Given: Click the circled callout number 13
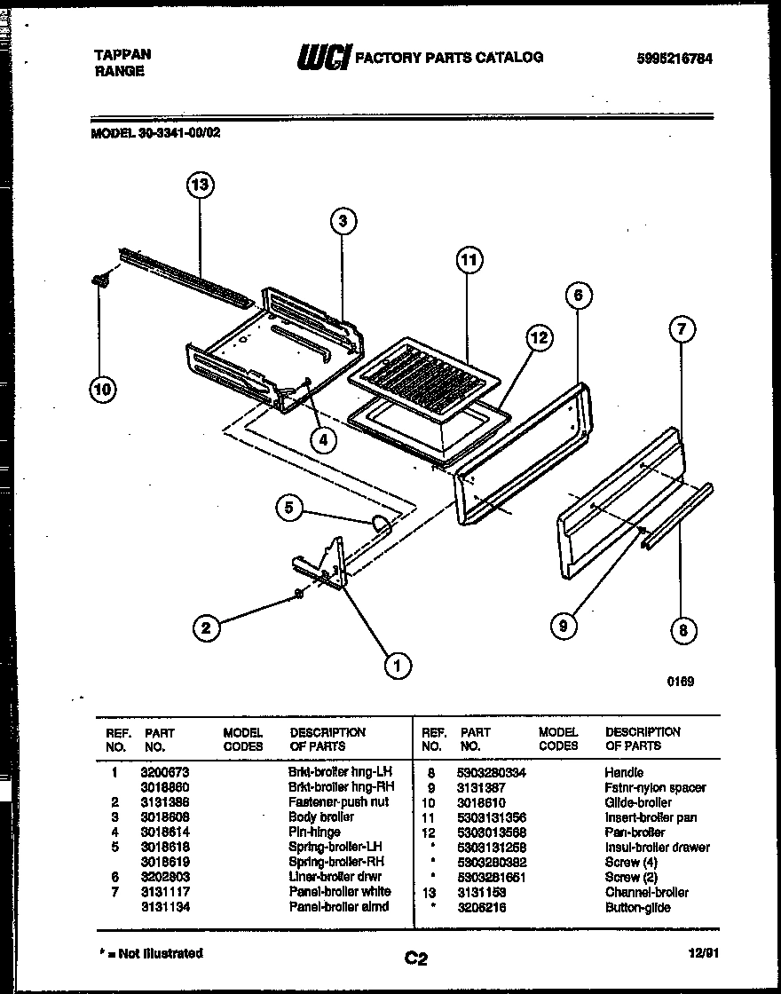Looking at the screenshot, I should tap(201, 185).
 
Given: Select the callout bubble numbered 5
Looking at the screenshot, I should tap(288, 508).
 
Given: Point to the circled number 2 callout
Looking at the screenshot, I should tap(206, 628).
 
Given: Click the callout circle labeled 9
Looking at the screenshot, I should tap(562, 626).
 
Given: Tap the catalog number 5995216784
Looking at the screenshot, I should tap(674, 59).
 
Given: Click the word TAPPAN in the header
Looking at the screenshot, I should tap(122, 54).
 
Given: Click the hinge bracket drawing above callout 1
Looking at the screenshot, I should tap(324, 564).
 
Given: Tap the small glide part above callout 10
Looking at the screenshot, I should tap(99, 280).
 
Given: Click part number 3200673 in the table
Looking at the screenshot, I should tap(164, 773).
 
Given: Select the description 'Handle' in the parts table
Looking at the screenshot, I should tap(624, 773).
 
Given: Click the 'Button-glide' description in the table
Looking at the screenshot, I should tap(637, 907).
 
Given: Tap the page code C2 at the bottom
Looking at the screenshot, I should tap(416, 958).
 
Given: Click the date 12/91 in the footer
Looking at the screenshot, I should tap(701, 952).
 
